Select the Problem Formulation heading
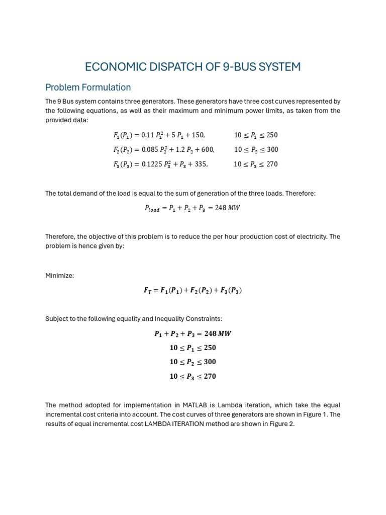(x=88, y=88)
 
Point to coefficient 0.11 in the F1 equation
(x=148, y=135)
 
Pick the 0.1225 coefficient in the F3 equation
(x=152, y=164)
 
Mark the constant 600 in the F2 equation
(x=208, y=150)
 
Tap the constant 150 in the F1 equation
(x=198, y=135)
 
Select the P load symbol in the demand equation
(x=152, y=208)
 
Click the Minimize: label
(x=60, y=276)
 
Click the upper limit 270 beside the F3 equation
(x=271, y=164)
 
